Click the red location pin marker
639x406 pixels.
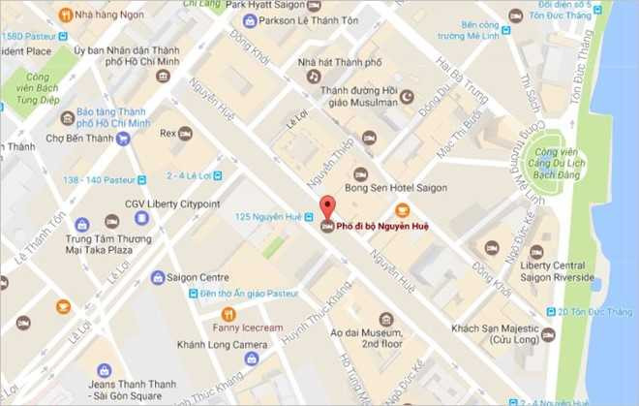tap(327, 206)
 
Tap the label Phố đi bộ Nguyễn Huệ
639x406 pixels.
tap(385, 227)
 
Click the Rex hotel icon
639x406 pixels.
tap(185, 133)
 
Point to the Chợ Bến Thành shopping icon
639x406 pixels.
tap(123, 139)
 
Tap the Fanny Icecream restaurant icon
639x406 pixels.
tap(228, 314)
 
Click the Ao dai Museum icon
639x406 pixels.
tap(386, 319)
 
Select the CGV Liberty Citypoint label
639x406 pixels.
tap(172, 203)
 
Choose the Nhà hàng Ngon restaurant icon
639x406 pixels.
tap(65, 15)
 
